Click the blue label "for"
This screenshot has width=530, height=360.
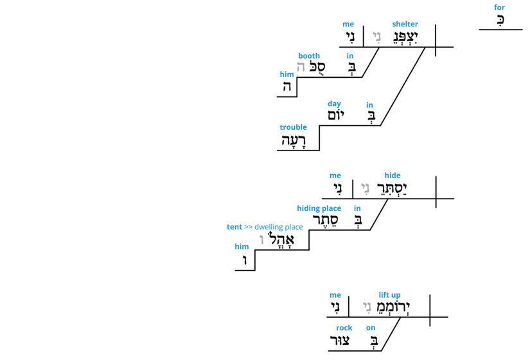coord(499,8)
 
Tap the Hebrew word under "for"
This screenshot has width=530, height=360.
coord(500,20)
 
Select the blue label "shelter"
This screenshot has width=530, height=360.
coord(405,24)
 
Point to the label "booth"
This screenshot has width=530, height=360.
coord(309,57)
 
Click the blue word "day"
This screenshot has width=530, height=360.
coord(334,104)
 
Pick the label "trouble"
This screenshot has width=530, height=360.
coord(293,127)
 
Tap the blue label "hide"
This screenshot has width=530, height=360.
coord(392,175)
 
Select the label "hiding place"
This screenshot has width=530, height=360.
coord(319,208)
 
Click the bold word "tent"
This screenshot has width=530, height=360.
coord(234,227)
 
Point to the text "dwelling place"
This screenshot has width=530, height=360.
coord(278,227)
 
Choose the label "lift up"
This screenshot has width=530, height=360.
coord(389,295)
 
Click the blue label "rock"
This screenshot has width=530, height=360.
coord(344,328)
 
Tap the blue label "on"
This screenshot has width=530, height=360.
coord(371,328)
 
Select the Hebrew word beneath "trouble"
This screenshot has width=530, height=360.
coord(295,141)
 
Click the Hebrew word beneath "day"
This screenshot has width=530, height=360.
coord(336,116)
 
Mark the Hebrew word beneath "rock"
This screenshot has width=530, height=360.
coord(339,341)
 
